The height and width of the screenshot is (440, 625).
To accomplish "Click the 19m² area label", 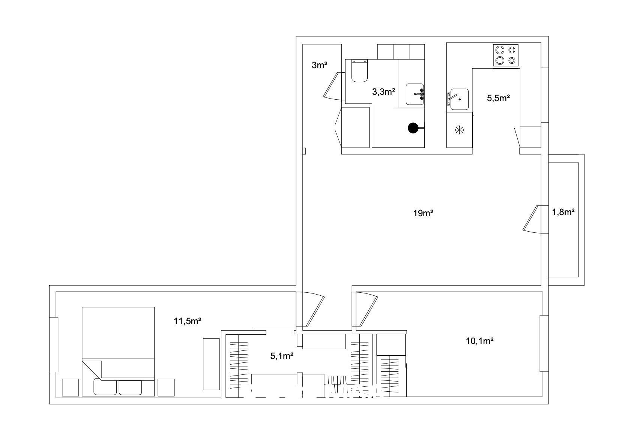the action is point(423,213).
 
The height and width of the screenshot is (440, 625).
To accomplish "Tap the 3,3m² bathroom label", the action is point(383,91).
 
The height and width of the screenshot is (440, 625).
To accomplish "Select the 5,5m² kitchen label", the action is point(498,98).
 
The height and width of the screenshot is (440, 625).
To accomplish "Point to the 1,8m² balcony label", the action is point(563,212).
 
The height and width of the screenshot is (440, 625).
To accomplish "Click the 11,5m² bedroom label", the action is point(188,321).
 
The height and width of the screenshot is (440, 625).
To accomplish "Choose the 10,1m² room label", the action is point(480,341).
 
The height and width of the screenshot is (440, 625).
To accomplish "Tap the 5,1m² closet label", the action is point(281,356).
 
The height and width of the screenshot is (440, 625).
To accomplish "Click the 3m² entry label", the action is point(319,65).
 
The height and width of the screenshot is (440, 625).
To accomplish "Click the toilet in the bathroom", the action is point(359,71).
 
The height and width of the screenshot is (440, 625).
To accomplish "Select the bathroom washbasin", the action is point(415,94).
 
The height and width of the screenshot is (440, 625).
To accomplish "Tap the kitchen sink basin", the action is point(459,99).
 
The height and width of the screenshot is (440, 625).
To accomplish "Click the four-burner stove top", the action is point(506,55).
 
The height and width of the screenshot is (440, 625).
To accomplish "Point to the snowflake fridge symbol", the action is point(459,130).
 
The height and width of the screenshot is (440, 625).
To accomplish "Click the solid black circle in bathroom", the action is point(413,128).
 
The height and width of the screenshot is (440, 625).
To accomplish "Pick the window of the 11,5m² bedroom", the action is point(54,345).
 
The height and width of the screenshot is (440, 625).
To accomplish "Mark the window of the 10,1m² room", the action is point(544,343).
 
